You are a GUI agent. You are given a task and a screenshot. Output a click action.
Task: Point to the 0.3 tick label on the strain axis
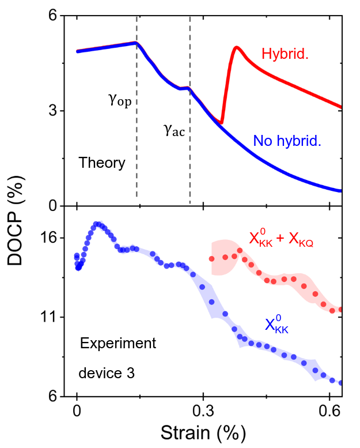coord(202,411)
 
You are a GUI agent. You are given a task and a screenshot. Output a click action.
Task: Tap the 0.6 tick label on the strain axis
coord(328,411)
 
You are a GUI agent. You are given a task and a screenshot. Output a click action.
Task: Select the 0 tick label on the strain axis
coord(77,411)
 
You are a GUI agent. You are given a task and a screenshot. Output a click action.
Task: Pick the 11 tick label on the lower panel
coord(52,317)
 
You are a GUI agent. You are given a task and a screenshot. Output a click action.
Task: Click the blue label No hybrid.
coord(286,140)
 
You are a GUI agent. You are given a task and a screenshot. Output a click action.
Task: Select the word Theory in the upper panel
coord(102,163)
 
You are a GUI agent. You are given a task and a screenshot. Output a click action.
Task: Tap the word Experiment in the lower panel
coord(118,344)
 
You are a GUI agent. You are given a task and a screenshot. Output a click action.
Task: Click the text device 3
coord(107,374)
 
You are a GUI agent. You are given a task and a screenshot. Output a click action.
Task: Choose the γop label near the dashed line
coord(120,100)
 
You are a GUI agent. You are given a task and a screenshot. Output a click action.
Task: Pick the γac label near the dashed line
coord(174,131)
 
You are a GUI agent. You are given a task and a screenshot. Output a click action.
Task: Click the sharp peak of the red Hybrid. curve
coord(236,47)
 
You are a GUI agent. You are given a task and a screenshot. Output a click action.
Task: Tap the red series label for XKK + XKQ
coord(281,239)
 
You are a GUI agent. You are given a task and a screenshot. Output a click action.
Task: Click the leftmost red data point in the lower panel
coord(211,259)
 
